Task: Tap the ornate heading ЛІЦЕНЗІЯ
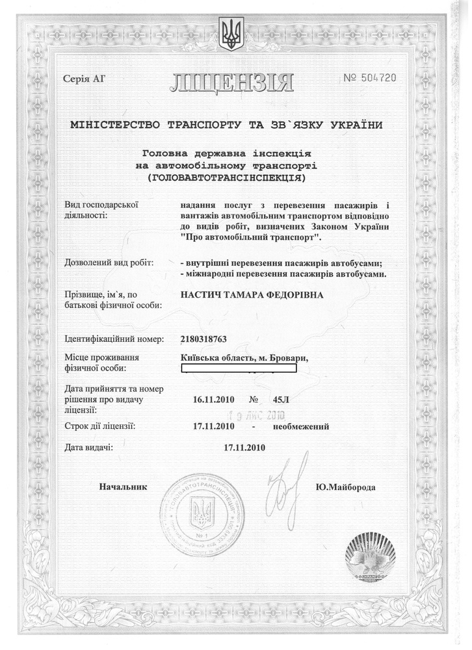(x=232, y=83)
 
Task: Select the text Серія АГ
(x=84, y=80)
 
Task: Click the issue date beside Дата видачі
(x=244, y=448)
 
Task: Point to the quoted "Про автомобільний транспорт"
(x=254, y=239)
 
